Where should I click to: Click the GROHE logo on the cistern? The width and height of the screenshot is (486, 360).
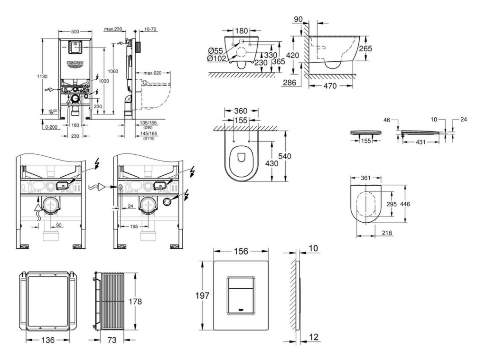click(x=75, y=63)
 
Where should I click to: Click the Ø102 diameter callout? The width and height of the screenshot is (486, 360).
click(x=216, y=58)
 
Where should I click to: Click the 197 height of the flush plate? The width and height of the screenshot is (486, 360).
click(x=203, y=295)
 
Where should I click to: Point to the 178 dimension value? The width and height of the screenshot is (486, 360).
click(x=135, y=301)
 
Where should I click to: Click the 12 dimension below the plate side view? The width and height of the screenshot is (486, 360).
click(x=313, y=337)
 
